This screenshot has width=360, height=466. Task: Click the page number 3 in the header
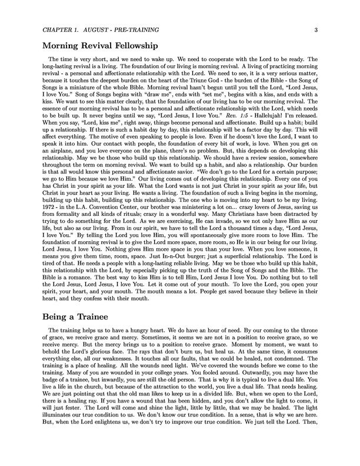point(316,30)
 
